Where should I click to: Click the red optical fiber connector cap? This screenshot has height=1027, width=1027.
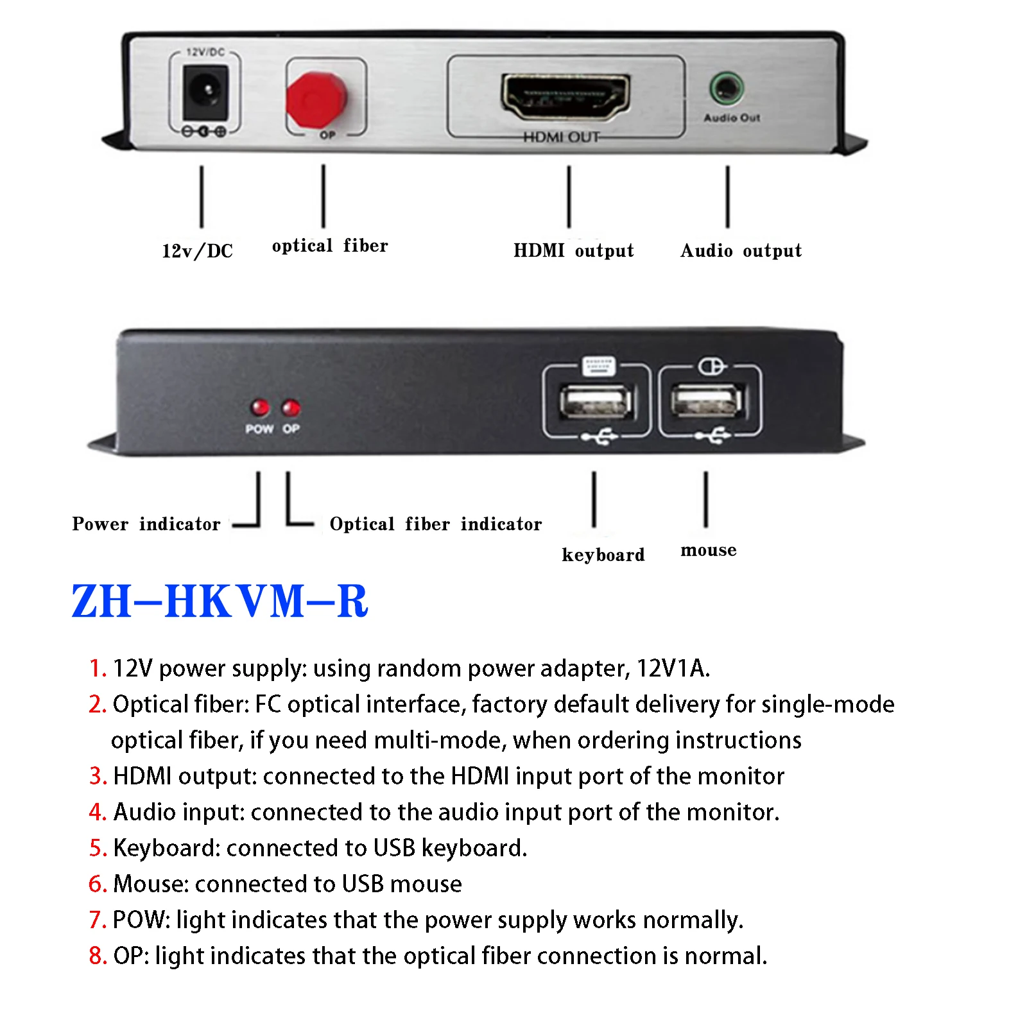click(316, 99)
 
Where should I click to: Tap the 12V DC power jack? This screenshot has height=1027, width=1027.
click(205, 94)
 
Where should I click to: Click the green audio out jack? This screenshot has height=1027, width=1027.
click(726, 88)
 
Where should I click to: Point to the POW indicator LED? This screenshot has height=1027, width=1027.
click(260, 407)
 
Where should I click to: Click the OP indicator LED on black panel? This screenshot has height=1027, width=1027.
click(291, 407)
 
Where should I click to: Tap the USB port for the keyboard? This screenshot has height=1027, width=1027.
click(596, 402)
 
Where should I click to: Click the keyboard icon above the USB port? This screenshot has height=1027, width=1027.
click(598, 366)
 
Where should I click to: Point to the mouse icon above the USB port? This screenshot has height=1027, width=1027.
click(711, 367)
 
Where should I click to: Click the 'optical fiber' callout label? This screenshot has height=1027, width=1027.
click(330, 246)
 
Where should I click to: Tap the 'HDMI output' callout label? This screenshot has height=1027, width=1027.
click(573, 250)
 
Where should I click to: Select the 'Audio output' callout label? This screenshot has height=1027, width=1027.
click(741, 250)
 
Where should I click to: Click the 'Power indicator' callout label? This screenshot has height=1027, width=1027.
click(146, 524)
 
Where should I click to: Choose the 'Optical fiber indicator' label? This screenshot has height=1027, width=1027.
click(435, 524)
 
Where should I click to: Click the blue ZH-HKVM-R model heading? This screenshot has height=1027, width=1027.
click(220, 601)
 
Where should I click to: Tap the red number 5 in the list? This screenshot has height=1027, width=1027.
click(97, 848)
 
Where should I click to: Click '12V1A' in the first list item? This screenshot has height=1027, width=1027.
click(672, 668)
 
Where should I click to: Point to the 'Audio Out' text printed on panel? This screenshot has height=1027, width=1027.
click(732, 118)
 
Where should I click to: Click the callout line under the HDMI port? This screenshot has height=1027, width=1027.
click(569, 196)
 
